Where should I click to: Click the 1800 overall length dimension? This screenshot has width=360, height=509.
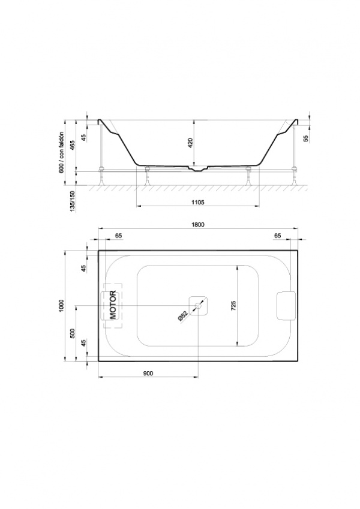click(x=197, y=225)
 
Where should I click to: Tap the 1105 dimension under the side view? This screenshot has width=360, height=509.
click(x=197, y=202)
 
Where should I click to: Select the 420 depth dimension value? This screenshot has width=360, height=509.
click(x=190, y=143)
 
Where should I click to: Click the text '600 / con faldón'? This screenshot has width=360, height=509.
click(x=62, y=152)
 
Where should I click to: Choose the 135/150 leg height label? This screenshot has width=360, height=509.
click(x=73, y=201)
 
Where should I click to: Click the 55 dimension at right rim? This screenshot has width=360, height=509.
click(x=305, y=138)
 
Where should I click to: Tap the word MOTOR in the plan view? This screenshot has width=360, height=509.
click(x=112, y=305)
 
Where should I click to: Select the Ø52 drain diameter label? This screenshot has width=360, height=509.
click(x=183, y=316)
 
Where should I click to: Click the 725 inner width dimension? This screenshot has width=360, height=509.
click(x=233, y=306)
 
